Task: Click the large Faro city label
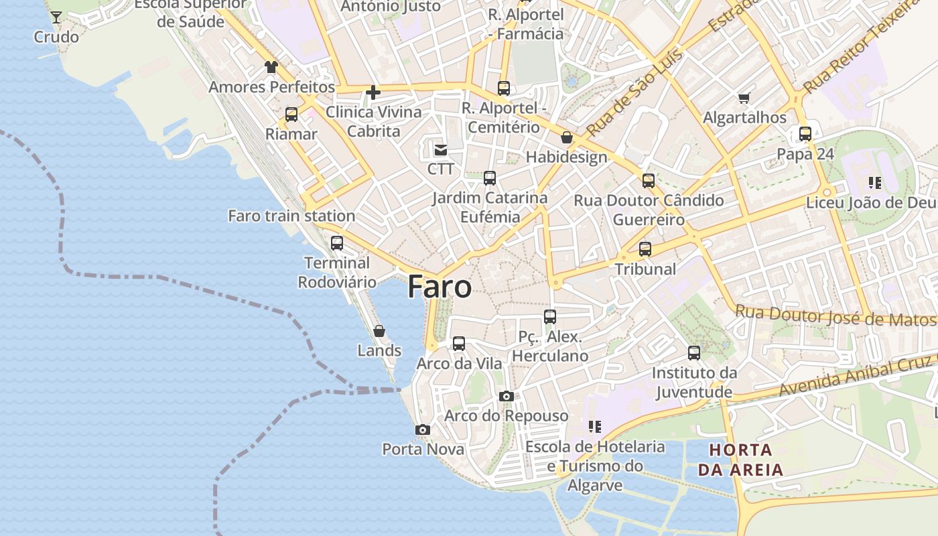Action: (x=440, y=287)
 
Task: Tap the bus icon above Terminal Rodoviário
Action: (x=337, y=243)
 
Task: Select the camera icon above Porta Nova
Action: (x=422, y=429)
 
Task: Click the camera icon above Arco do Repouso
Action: (x=507, y=397)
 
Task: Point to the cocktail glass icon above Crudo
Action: (x=56, y=17)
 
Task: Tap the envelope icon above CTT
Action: (x=441, y=149)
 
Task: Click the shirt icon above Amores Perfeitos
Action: (x=271, y=67)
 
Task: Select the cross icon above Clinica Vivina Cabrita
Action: (x=373, y=92)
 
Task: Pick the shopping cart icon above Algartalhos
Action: (x=744, y=98)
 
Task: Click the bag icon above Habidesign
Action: (x=567, y=138)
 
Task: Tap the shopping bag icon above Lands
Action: (x=379, y=331)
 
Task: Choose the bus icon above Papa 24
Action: (x=805, y=134)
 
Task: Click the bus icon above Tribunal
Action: (x=645, y=249)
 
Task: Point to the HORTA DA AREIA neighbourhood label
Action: (x=740, y=460)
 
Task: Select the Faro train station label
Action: (x=291, y=216)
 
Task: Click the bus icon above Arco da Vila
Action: (x=459, y=344)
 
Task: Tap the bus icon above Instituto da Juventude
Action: (x=694, y=353)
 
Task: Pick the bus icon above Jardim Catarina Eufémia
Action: (x=490, y=178)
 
